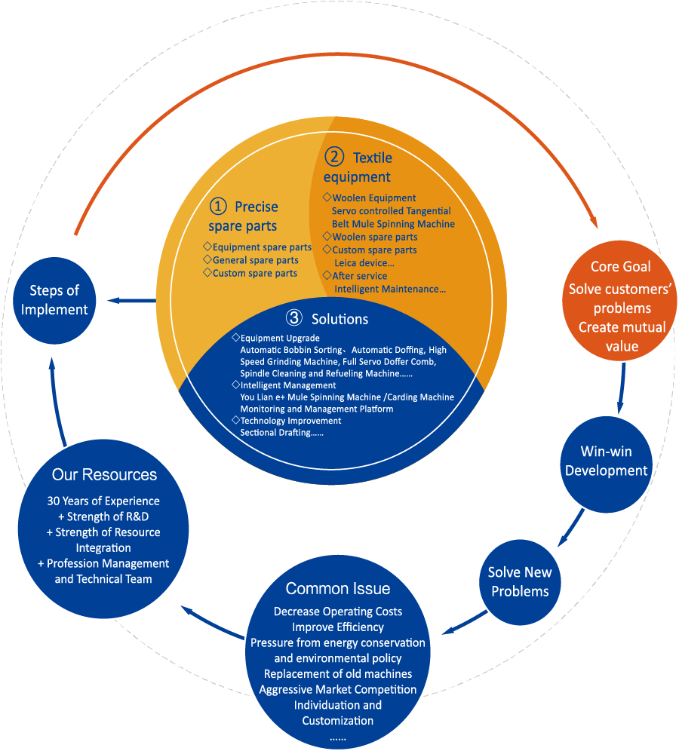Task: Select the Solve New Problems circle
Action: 519,581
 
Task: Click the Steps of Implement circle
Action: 54,299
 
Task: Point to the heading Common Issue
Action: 338,589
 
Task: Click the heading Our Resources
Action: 104,475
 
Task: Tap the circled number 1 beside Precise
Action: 217,207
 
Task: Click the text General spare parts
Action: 255,260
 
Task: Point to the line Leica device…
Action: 364,262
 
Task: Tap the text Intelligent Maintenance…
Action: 390,288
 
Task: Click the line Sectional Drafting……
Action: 281,433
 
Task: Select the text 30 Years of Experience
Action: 103,501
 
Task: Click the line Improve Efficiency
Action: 338,627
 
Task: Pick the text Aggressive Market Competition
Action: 338,689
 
